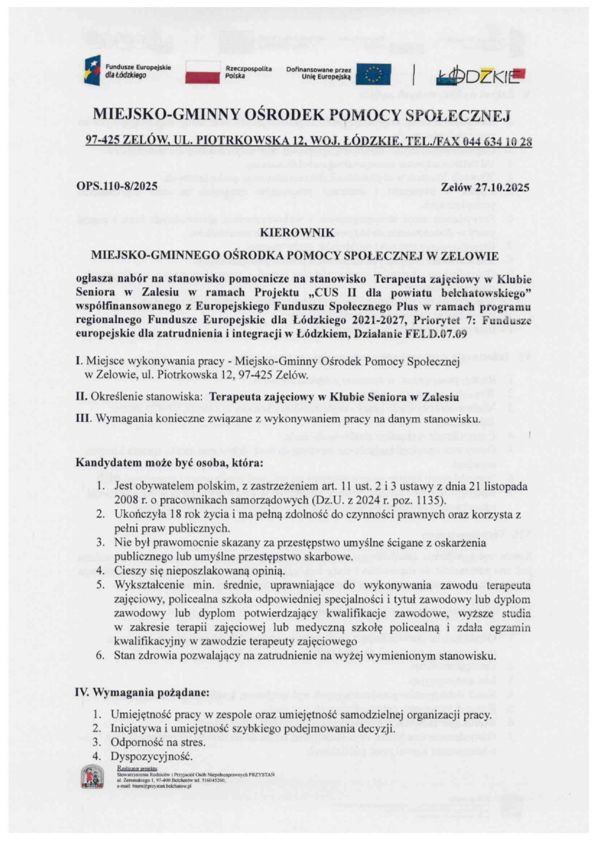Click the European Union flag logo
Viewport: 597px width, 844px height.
pos(373,75)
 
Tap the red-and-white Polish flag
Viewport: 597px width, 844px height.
pos(202,72)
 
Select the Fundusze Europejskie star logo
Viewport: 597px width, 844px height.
pos(92,71)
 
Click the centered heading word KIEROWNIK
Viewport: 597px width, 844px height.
pos(297,233)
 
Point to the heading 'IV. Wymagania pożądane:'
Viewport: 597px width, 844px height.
pos(143,693)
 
